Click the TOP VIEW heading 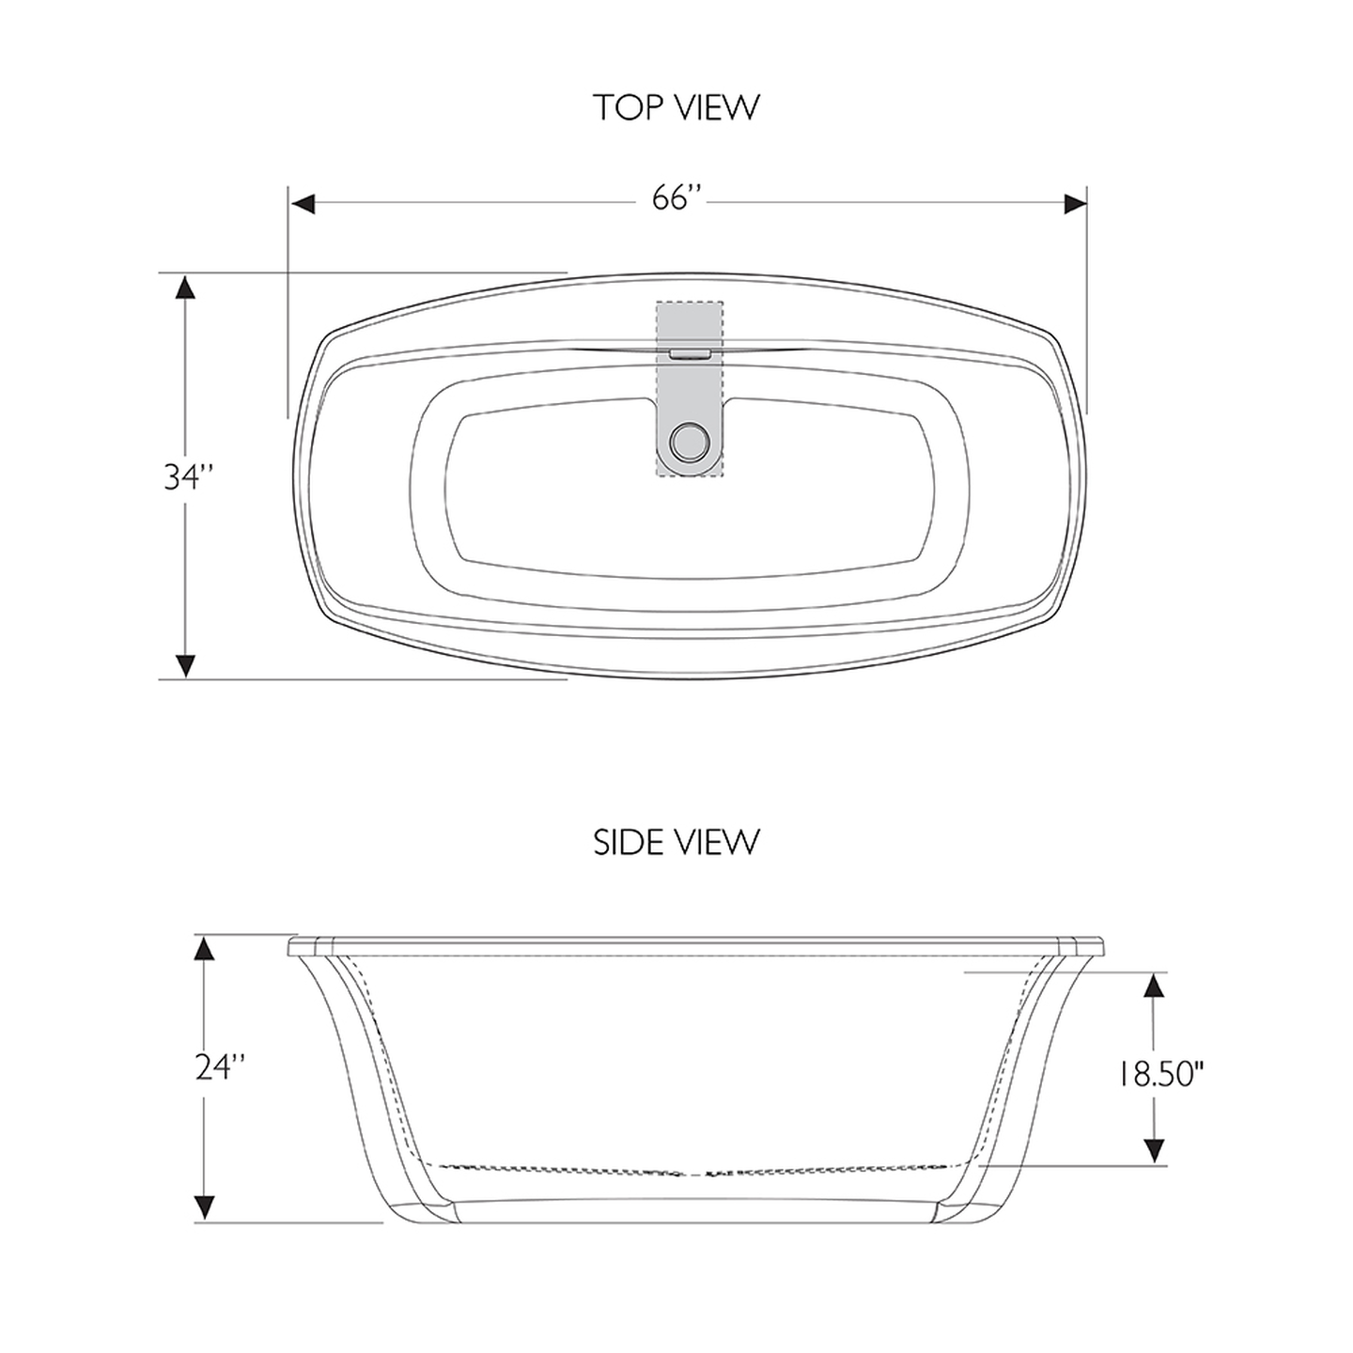pyautogui.click(x=676, y=107)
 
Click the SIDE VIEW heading pyautogui.click(x=676, y=842)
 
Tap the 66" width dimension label pyautogui.click(x=677, y=200)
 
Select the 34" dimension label pyautogui.click(x=190, y=477)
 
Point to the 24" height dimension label pyautogui.click(x=221, y=1067)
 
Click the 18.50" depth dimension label pyautogui.click(x=1160, y=1073)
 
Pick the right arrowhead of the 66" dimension pyautogui.click(x=1074, y=204)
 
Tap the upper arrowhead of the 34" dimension pyautogui.click(x=186, y=287)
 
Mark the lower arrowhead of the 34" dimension pyautogui.click(x=186, y=664)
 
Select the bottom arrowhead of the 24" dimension pyautogui.click(x=204, y=1208)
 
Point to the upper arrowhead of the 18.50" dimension pyautogui.click(x=1155, y=985)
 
